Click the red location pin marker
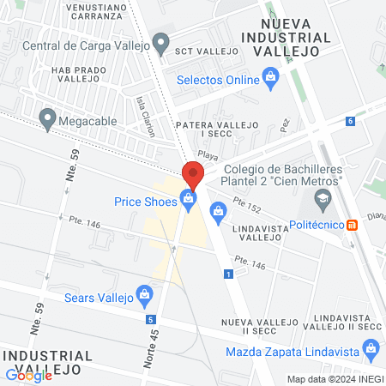pos(191,174)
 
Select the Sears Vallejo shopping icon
pos(145,298)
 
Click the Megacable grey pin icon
pos(47,117)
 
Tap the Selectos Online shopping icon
pos(272,81)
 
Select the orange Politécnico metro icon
pos(352,225)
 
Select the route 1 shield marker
pos(228,274)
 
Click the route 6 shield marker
pos(351,121)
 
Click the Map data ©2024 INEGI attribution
pos(335,379)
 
